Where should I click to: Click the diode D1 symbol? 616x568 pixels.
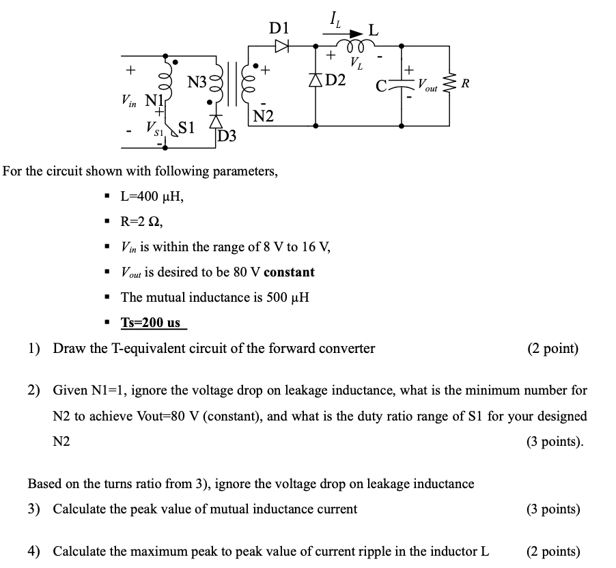281,46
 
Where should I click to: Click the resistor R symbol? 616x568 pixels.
449,85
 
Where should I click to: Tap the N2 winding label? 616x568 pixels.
263,117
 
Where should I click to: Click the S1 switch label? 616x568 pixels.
187,127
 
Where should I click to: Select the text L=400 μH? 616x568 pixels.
152,197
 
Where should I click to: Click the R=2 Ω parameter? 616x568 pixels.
141,222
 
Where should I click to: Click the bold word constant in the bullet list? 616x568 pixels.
289,272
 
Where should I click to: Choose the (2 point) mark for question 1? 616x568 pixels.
553,349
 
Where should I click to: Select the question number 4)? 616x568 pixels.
34,552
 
